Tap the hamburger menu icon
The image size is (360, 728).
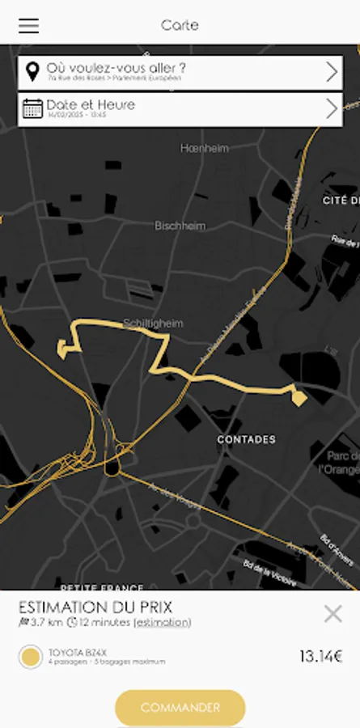point(28,26)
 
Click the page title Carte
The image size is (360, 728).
point(180,25)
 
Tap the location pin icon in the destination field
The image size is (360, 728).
point(32,71)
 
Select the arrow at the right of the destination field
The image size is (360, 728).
point(332,72)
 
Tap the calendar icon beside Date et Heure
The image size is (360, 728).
point(32,108)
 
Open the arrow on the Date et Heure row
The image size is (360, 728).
point(332,108)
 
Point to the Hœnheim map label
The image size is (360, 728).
point(205,149)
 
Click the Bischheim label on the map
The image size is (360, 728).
point(180,226)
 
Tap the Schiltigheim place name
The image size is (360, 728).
point(153,324)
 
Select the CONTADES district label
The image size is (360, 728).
point(246,439)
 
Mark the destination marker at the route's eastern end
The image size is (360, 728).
point(299,397)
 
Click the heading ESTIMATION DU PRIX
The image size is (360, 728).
point(95,607)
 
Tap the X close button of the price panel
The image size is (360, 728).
point(332,614)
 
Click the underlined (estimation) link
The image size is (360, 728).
point(163,623)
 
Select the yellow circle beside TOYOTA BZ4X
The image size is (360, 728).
point(31,657)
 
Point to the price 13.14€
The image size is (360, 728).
point(320,657)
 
